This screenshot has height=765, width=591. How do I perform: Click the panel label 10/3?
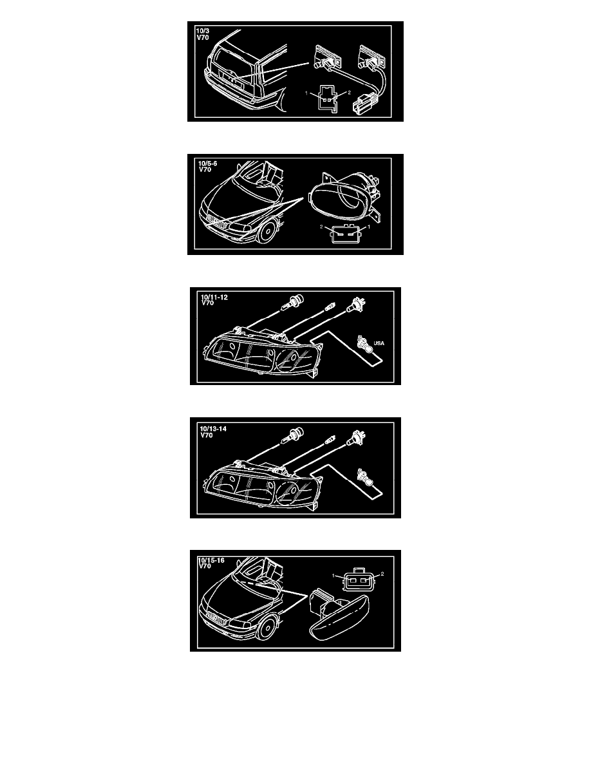(x=202, y=31)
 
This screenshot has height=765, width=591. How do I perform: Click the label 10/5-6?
(x=208, y=164)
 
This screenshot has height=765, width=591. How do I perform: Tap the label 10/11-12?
(x=214, y=297)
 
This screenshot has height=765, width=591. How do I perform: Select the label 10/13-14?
(x=213, y=429)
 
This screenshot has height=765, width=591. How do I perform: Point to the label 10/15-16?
(x=211, y=560)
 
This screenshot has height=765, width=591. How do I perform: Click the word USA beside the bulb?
(x=379, y=343)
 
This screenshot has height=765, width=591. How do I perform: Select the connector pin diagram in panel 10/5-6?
(x=345, y=232)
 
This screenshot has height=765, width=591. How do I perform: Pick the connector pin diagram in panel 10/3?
(x=328, y=98)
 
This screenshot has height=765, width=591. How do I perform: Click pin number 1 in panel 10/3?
(x=306, y=93)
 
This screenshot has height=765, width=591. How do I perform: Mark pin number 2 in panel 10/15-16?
(x=382, y=574)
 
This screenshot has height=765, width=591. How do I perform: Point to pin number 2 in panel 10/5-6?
(x=321, y=227)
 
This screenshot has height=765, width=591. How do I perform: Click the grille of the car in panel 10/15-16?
(x=216, y=619)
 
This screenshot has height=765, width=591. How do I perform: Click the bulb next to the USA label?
(x=365, y=345)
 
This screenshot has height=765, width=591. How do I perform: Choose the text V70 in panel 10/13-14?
(x=206, y=435)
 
